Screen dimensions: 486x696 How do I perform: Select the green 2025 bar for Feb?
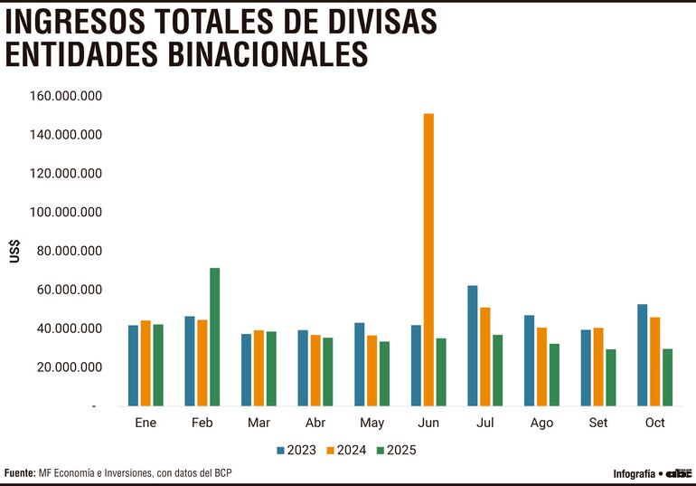click(214, 337)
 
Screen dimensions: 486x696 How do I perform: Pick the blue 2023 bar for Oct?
click(642, 355)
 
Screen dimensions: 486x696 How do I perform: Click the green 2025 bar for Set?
click(610, 377)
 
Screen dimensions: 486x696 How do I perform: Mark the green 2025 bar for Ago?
click(554, 375)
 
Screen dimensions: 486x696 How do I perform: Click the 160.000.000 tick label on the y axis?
click(65, 96)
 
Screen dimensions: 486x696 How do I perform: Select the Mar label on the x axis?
click(258, 423)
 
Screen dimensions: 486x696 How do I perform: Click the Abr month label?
click(315, 423)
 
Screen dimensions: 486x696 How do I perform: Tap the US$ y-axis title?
click(14, 252)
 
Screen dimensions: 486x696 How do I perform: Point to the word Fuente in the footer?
click(20, 473)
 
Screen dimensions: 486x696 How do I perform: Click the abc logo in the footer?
click(679, 473)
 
